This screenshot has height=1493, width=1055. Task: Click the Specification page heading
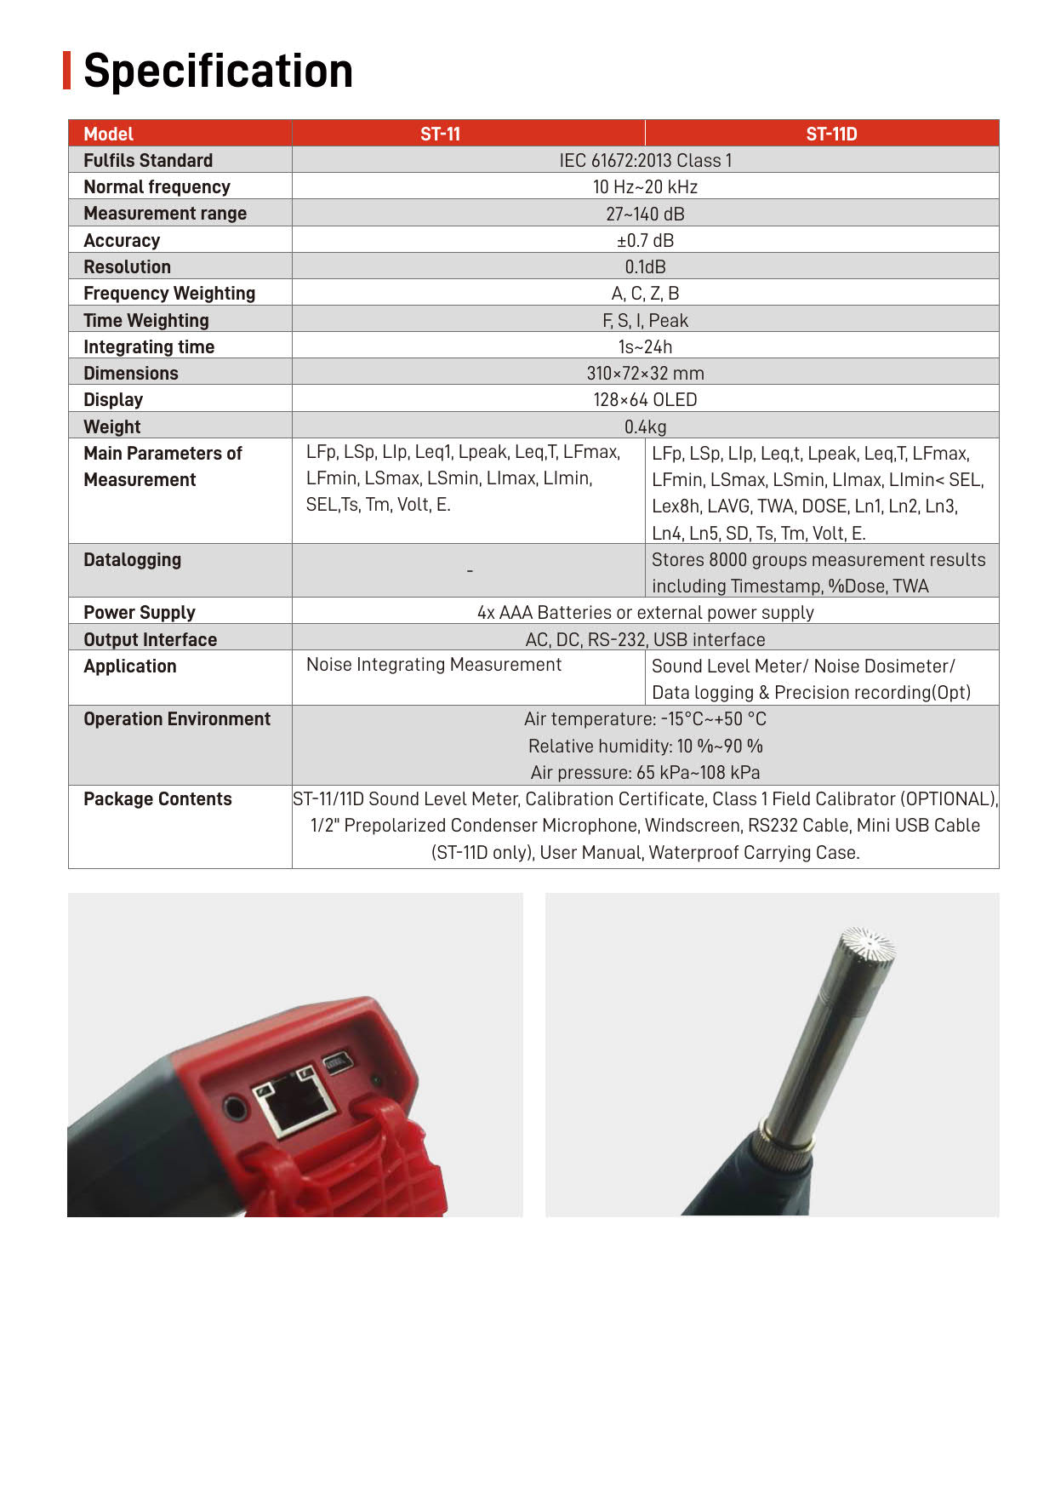218,71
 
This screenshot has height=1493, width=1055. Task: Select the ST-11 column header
440,134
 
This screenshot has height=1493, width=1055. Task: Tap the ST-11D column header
831,134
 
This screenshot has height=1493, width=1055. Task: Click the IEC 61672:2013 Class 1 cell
645,160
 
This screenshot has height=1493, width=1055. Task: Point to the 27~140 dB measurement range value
645,214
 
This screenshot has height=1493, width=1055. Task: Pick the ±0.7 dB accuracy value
645,240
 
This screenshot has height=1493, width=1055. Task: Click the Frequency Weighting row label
169,294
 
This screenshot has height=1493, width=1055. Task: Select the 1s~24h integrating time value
645,346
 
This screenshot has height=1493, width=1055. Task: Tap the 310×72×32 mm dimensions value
645,373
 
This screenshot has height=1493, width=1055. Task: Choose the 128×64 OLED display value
645,399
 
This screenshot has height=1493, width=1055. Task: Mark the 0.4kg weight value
645,426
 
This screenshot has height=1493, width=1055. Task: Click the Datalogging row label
132,560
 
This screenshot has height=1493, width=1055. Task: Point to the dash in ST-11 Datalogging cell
470,571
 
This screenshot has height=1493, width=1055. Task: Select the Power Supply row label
140,613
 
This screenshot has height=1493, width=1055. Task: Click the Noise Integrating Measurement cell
434,665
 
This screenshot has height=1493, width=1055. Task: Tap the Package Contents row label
157,799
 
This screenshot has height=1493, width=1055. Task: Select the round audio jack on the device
234,1108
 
